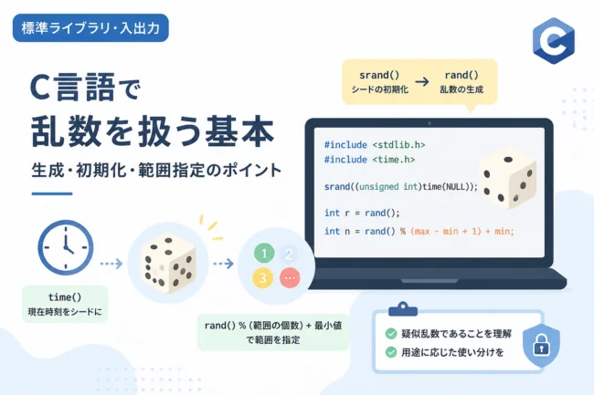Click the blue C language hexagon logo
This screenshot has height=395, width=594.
pyautogui.click(x=554, y=40)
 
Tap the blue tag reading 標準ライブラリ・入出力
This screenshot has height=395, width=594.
pyautogui.click(x=90, y=28)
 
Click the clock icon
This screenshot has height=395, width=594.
pyautogui.click(x=66, y=247)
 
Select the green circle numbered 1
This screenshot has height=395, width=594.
pyautogui.click(x=264, y=253)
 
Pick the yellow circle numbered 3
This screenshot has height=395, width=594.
pyautogui.click(x=262, y=278)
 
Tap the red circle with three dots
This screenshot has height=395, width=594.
pyautogui.click(x=290, y=278)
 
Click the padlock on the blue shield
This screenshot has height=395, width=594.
pyautogui.click(x=541, y=345)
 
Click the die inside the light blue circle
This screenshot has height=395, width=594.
pyautogui.click(x=168, y=264)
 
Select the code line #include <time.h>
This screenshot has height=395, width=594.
pyautogui.click(x=369, y=160)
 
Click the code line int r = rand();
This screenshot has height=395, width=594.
pyautogui.click(x=362, y=213)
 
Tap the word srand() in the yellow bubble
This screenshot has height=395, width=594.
pyautogui.click(x=379, y=75)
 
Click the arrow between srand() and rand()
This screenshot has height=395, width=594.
pyautogui.click(x=422, y=82)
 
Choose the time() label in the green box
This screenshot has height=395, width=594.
pyautogui.click(x=65, y=297)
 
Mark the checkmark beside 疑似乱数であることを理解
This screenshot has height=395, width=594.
pyautogui.click(x=391, y=333)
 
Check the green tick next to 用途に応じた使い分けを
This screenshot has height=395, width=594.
pyautogui.click(x=391, y=352)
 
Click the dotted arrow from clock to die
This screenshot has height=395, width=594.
pyautogui.click(x=111, y=263)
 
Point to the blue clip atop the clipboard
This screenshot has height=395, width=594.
pyautogui.click(x=403, y=309)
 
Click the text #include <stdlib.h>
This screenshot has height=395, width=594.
pyautogui.click(x=375, y=145)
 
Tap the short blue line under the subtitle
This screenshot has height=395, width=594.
pyautogui.click(x=52, y=193)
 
